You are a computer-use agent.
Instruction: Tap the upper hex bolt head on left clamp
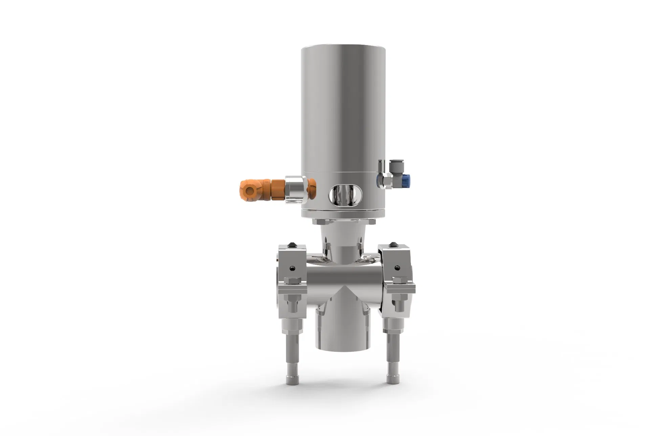(292, 280)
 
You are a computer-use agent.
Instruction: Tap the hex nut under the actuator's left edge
(316, 222)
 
